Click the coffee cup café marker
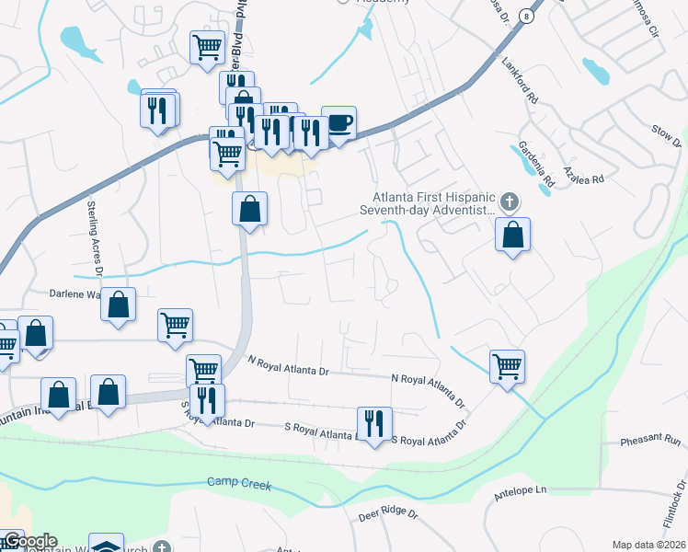[338, 123]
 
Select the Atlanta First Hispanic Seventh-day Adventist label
[434, 204]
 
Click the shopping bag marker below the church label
[513, 235]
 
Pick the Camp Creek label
[239, 482]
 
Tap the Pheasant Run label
[648, 442]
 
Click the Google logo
[29, 542]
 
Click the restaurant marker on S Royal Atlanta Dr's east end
[373, 424]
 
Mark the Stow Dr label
[666, 136]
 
